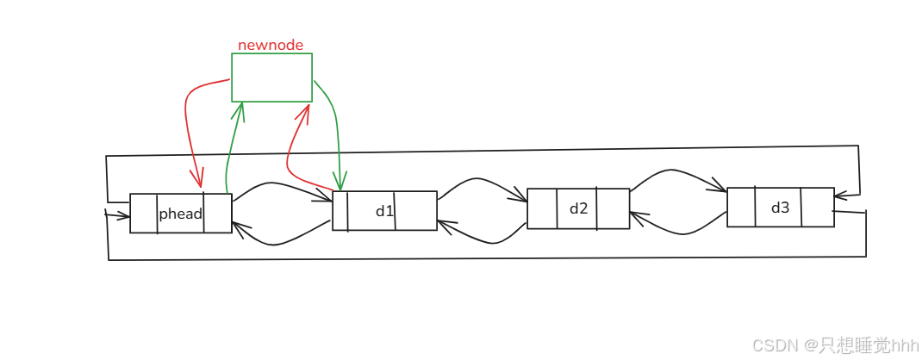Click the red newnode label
coord(271,45)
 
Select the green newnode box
coord(271,78)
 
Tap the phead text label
coord(180,214)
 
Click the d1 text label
coord(384,211)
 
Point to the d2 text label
coord(578,208)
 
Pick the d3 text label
coord(780,208)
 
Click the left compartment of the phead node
coord(144,214)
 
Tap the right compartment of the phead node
coord(218,214)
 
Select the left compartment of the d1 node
coord(340,211)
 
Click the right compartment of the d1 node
coord(415,211)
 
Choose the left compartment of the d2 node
coord(542,208)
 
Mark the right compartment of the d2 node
coord(613,208)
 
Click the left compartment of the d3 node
coord(741,208)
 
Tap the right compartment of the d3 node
coord(818,208)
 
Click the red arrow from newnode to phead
coord(188,121)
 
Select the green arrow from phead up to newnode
coord(233,146)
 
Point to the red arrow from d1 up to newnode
coord(291,155)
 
